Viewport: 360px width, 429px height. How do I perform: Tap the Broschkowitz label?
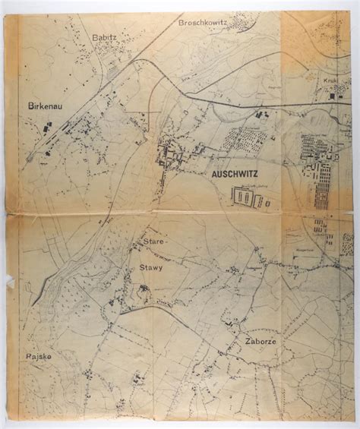(x=204, y=24)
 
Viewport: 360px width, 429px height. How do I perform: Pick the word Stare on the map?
(x=153, y=241)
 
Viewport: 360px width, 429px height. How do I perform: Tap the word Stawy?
(x=150, y=268)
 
